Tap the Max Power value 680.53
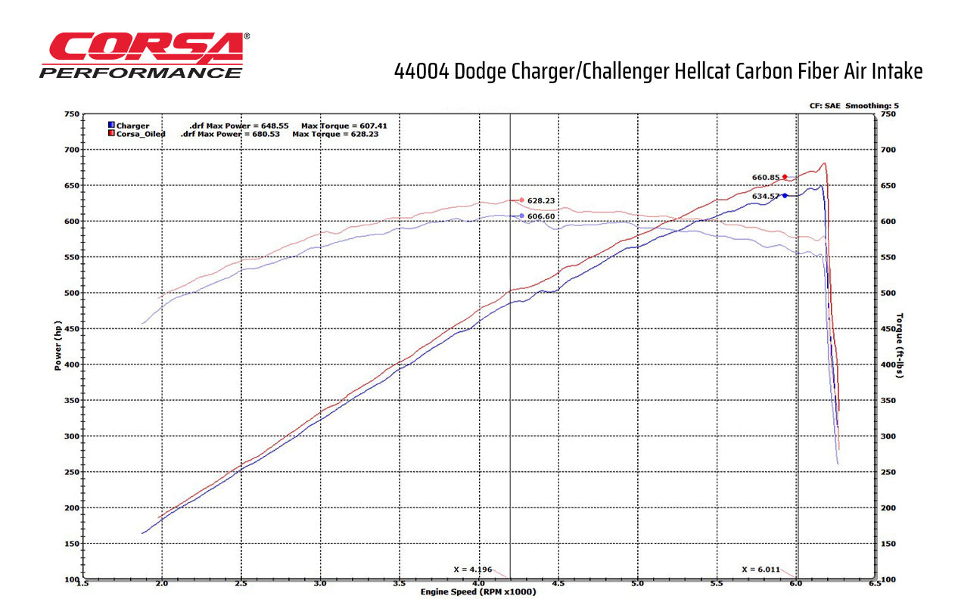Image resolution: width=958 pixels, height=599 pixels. click(264, 134)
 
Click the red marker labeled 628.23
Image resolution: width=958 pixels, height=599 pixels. click(521, 200)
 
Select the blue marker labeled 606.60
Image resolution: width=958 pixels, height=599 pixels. click(521, 216)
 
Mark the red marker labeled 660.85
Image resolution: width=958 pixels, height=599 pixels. click(785, 177)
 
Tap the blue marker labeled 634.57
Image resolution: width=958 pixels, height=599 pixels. click(785, 195)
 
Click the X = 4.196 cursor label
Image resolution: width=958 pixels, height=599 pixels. click(471, 569)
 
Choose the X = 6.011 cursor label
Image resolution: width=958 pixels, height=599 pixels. click(760, 569)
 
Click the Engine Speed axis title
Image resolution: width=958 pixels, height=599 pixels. click(478, 591)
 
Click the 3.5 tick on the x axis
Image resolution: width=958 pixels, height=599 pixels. click(400, 583)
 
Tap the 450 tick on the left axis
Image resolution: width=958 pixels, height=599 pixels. click(71, 329)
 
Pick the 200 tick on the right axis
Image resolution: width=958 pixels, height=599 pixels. click(888, 508)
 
